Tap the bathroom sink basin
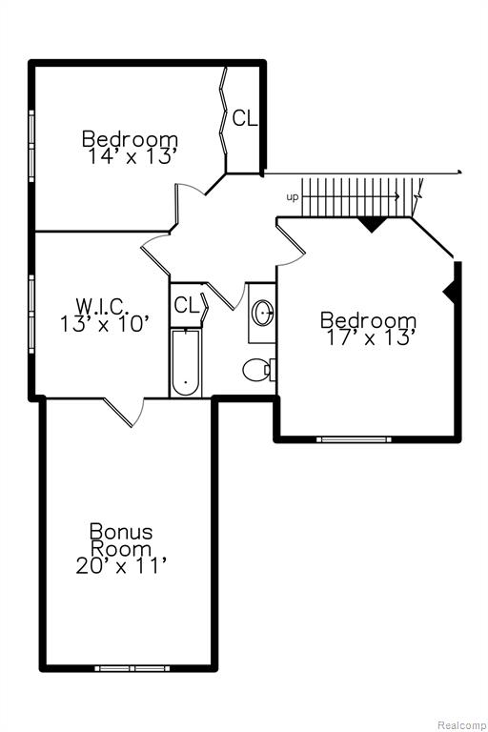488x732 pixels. [x=263, y=313]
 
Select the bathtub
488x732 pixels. [x=186, y=363]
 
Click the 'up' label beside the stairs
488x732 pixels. [x=293, y=197]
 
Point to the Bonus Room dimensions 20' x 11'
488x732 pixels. [x=121, y=566]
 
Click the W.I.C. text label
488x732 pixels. [x=102, y=306]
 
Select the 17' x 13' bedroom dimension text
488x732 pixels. [x=371, y=337]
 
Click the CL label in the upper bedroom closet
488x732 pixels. [x=245, y=118]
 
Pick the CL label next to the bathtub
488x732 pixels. [x=186, y=305]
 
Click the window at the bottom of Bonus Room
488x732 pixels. [x=132, y=668]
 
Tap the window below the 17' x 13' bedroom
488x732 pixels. [x=354, y=439]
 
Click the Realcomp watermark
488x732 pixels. [x=461, y=725]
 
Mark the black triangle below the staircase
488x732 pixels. [x=372, y=224]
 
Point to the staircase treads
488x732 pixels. [x=357, y=197]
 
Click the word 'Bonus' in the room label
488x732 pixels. [x=121, y=531]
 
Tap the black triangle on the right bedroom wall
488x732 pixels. [x=450, y=292]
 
